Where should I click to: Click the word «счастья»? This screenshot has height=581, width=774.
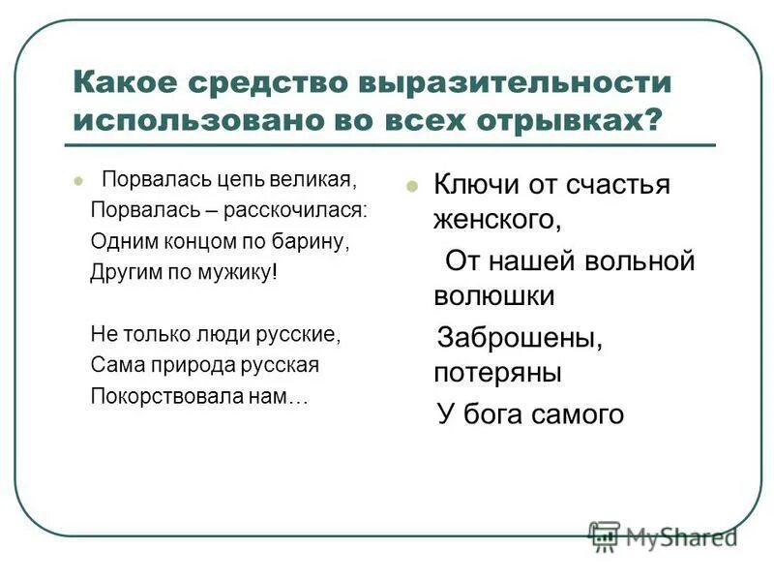[x=618, y=184]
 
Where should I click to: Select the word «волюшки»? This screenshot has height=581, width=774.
[x=493, y=295]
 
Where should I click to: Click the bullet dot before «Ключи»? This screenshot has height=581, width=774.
[x=411, y=186]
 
